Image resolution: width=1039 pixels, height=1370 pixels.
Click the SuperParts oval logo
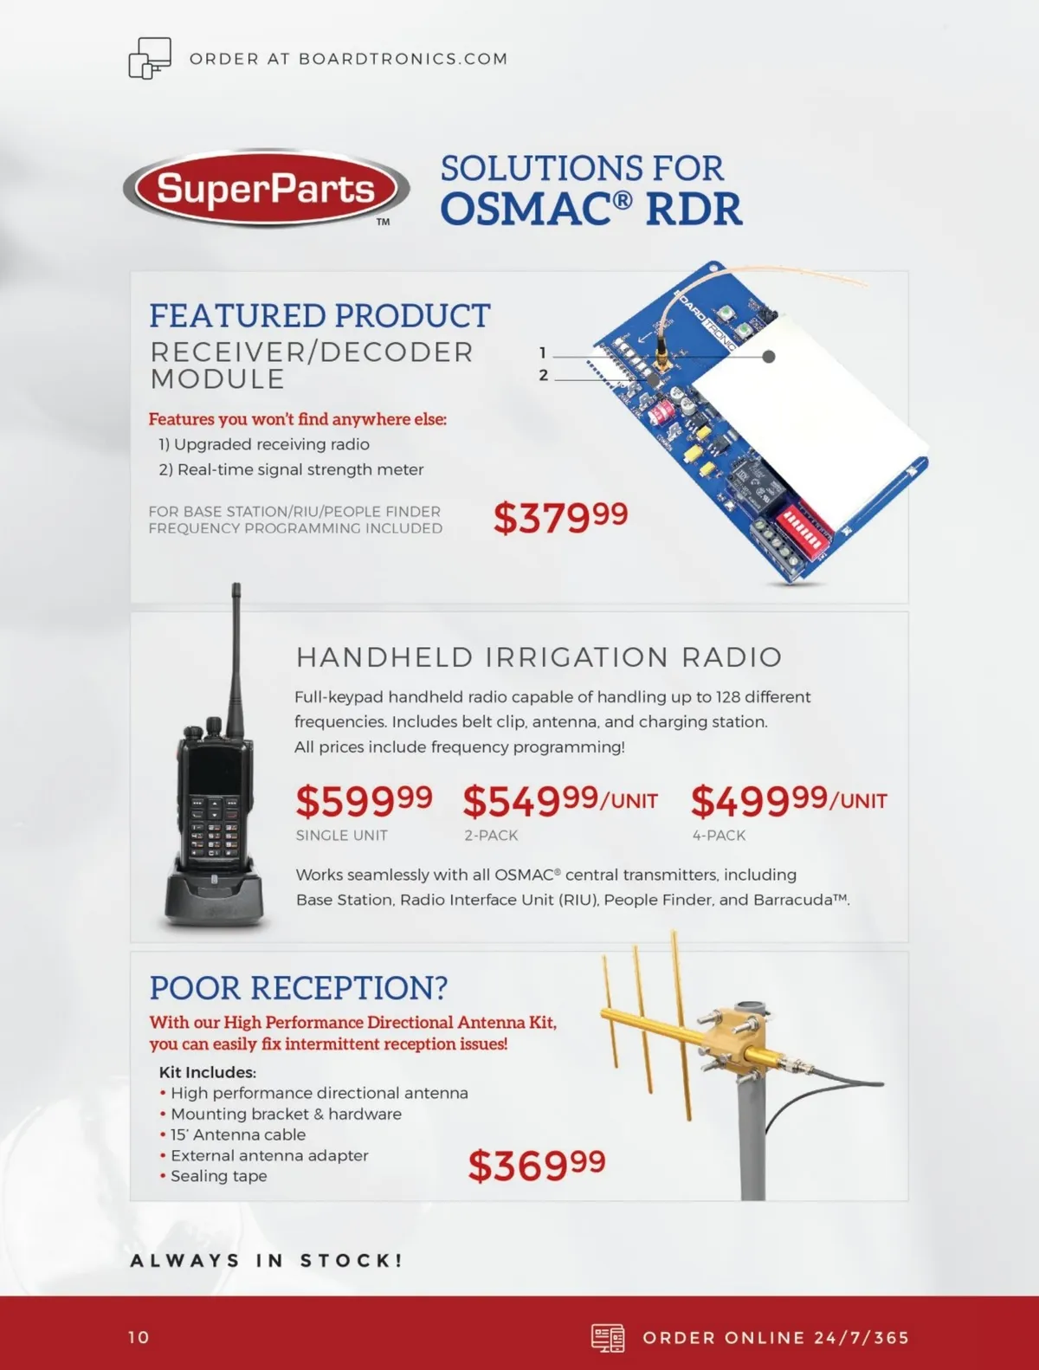tap(267, 188)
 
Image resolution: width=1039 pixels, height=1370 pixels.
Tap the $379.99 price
tap(560, 517)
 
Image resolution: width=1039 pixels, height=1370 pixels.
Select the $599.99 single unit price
tap(364, 801)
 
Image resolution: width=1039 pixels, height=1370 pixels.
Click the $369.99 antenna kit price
tap(537, 1165)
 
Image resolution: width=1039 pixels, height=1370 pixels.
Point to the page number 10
tap(139, 1337)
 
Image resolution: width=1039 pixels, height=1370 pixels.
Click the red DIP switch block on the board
tap(803, 523)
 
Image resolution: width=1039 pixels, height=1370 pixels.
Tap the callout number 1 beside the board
tap(543, 352)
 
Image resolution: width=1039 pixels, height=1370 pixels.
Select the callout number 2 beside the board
tap(544, 375)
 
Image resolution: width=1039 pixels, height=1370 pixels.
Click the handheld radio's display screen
tap(214, 770)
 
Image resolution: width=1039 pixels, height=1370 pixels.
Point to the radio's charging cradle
tap(214, 893)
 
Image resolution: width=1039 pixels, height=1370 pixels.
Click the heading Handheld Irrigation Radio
tap(539, 657)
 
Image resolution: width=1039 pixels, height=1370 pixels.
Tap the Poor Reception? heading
tap(299, 988)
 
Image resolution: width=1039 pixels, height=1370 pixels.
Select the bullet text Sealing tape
tap(218, 1176)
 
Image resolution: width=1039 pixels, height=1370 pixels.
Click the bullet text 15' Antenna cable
tap(238, 1134)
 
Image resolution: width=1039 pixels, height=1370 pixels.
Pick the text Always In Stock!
tap(267, 1261)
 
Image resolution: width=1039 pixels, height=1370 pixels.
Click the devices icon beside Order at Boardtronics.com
tap(150, 58)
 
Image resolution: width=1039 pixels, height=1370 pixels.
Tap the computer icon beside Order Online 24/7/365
tap(608, 1338)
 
